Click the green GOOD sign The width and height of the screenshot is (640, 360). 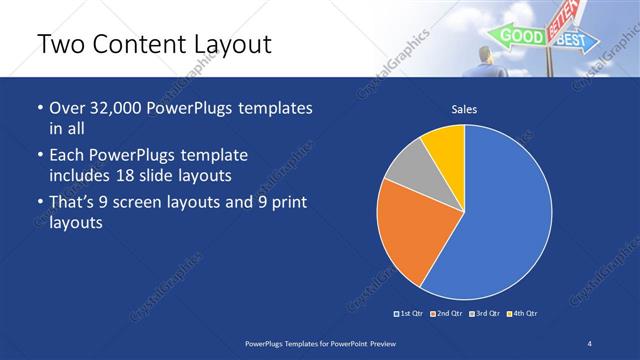[521, 37]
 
